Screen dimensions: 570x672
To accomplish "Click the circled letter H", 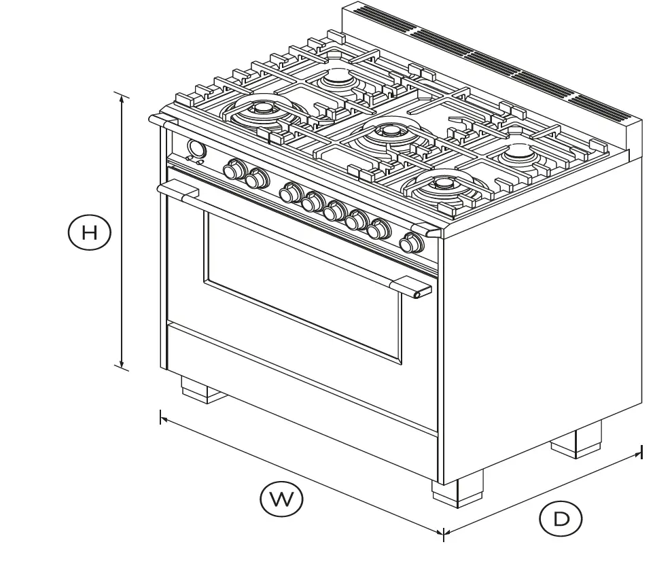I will coord(89,232).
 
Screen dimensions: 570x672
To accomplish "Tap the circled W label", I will coord(281,499).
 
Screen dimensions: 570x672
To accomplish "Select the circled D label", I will coord(561,520).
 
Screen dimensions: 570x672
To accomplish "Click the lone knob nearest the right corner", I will coord(410,243).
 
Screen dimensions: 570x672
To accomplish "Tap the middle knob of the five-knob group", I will coord(333,211).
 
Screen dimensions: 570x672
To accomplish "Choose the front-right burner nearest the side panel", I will coord(443,184).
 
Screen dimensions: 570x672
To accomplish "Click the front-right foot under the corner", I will coord(456,488).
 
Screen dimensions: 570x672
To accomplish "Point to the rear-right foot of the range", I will coord(577,439).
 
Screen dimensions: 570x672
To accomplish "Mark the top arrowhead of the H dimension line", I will coord(122,96).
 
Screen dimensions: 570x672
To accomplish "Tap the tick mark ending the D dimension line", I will coord(641,452).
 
